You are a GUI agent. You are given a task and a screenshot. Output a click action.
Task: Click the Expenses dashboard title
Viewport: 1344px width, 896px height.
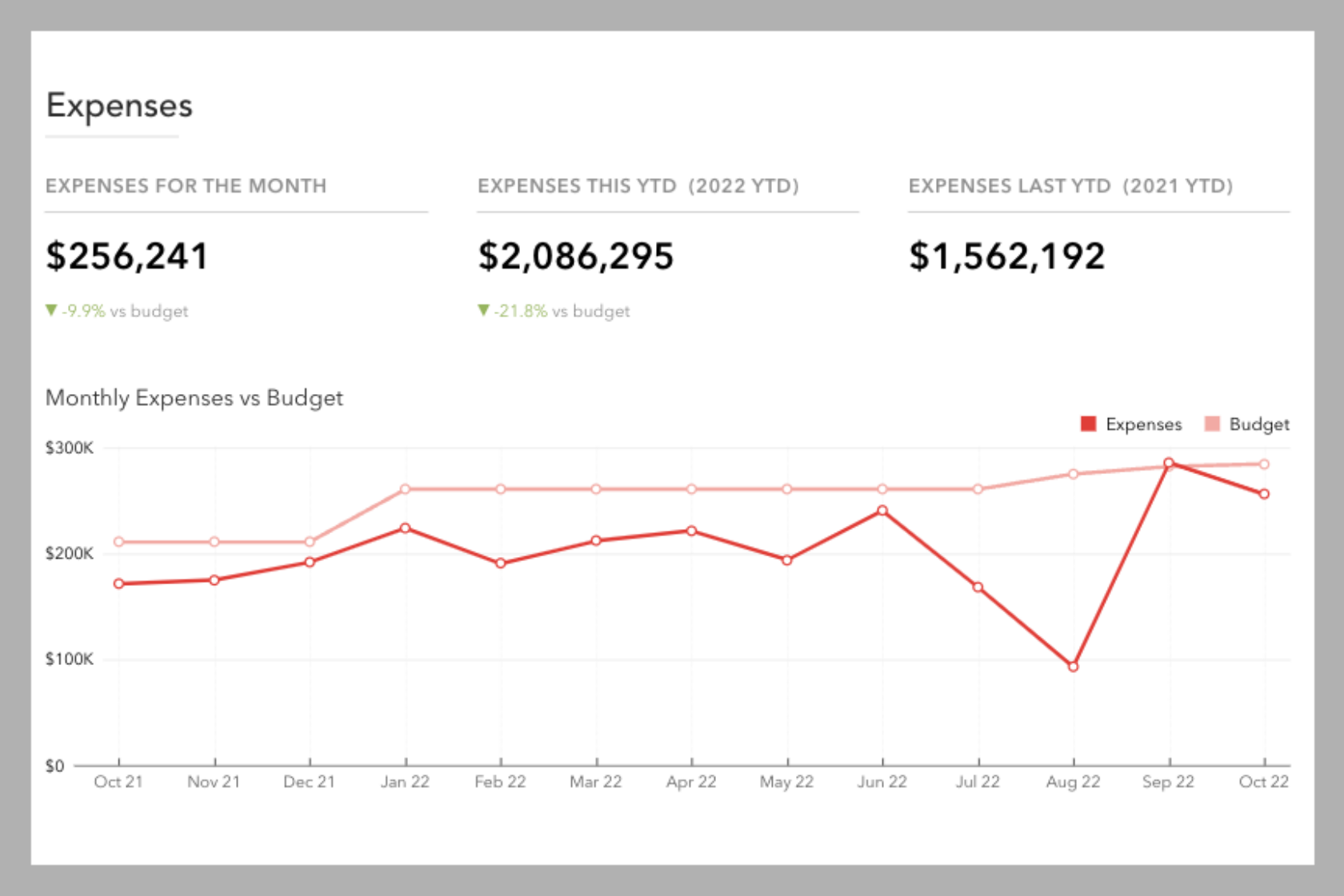coord(119,106)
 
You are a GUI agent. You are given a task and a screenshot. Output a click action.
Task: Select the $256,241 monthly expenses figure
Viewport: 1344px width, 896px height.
coord(127,257)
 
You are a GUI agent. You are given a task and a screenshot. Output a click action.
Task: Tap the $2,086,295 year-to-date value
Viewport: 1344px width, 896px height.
coord(575,257)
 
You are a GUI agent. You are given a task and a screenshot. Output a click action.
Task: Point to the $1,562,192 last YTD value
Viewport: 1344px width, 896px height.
coord(1006,257)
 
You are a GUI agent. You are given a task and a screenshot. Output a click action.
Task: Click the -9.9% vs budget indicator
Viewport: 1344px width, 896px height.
coord(118,311)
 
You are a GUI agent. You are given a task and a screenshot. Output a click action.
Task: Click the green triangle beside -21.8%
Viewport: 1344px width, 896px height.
coord(482,310)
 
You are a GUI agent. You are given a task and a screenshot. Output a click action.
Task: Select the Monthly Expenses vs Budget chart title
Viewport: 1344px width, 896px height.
coord(194,397)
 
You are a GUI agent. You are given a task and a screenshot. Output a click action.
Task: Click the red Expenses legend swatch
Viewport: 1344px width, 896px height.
coord(1088,424)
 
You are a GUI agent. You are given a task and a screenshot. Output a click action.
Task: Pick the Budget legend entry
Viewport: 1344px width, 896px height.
coord(1247,424)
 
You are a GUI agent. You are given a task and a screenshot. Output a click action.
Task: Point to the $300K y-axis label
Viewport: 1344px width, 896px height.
coord(69,448)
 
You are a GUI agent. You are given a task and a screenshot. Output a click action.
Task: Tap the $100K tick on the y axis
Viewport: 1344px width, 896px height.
coord(69,659)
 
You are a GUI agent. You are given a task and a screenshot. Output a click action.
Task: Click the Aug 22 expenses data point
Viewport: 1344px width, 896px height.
coord(1073,667)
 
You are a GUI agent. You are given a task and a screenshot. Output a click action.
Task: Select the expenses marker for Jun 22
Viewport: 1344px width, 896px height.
coord(882,511)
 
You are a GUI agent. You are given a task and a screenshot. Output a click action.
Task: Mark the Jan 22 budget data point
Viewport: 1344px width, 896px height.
coord(405,489)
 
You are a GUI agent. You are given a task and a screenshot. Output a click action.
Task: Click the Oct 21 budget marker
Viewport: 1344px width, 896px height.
coord(118,542)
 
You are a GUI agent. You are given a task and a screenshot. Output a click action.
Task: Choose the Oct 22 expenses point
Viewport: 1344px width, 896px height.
coord(1264,494)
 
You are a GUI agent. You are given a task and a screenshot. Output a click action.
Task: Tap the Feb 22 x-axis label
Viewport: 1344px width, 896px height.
coord(500,782)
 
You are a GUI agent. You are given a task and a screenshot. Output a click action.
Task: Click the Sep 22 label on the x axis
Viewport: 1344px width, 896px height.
coord(1168,782)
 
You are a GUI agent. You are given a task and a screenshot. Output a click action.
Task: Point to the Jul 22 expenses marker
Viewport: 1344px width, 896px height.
coord(978,587)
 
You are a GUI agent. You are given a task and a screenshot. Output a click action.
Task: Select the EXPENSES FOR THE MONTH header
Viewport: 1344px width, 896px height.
coord(186,186)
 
